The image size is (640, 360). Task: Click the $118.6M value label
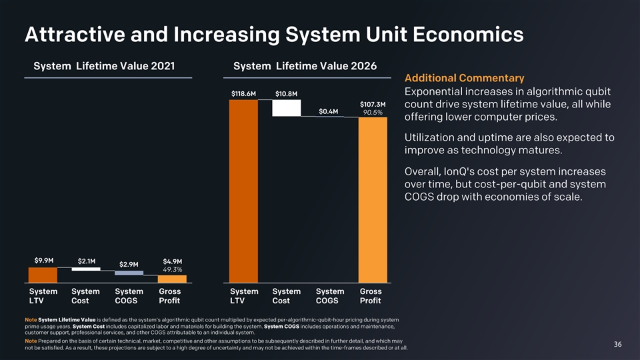pos(243,93)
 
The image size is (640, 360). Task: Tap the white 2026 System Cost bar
pos(287,108)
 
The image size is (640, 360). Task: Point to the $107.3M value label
pos(373,104)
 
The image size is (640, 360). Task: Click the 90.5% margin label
pos(373,113)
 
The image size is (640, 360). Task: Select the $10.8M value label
pos(286,93)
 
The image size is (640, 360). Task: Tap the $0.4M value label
pos(329,111)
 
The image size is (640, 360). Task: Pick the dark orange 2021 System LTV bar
pos(43,275)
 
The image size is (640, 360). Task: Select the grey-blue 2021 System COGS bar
pos(129,273)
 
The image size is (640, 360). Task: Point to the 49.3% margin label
pos(173,269)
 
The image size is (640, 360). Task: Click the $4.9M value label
pos(173,261)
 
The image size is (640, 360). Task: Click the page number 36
pos(617,344)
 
